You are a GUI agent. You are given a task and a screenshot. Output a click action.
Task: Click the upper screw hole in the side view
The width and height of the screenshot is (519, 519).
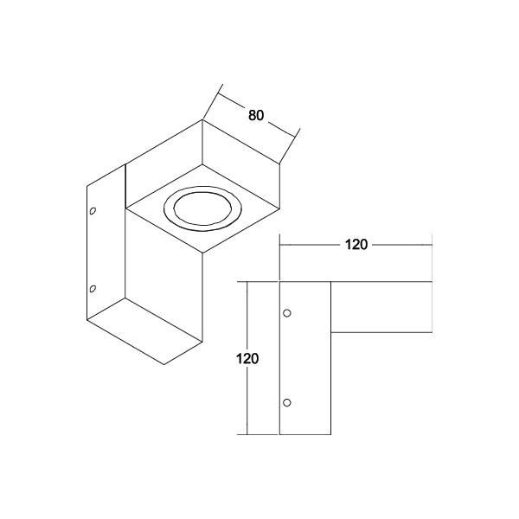click(x=288, y=311)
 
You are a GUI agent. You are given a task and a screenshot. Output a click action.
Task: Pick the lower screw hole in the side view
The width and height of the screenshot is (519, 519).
click(x=288, y=401)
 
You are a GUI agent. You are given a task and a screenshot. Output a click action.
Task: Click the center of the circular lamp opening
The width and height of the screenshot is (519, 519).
click(x=198, y=210)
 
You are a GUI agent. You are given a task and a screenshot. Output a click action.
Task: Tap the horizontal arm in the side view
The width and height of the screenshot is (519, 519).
click(x=381, y=307)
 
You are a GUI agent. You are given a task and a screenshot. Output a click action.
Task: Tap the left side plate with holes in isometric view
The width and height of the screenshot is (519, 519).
click(x=105, y=251)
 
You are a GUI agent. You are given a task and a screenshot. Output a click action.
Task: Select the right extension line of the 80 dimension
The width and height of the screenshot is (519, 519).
click(x=290, y=146)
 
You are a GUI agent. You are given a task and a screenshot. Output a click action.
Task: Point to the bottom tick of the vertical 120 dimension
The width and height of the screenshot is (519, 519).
click(x=248, y=433)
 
